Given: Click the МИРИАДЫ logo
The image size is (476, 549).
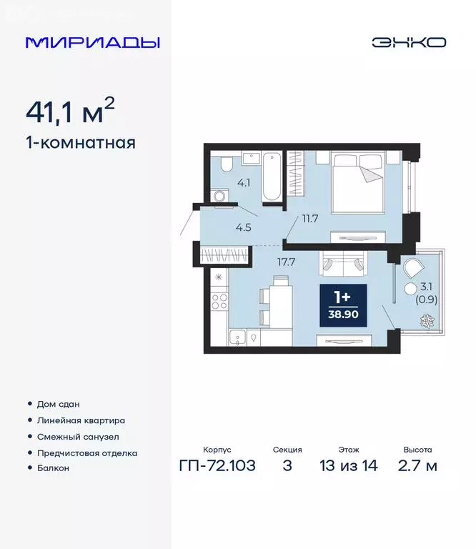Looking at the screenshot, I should click(x=93, y=42).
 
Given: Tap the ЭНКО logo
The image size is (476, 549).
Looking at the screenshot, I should click(x=409, y=42).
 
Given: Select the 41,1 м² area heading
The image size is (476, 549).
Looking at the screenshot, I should click(x=70, y=112).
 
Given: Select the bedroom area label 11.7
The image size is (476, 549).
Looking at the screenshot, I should click(x=309, y=219).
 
